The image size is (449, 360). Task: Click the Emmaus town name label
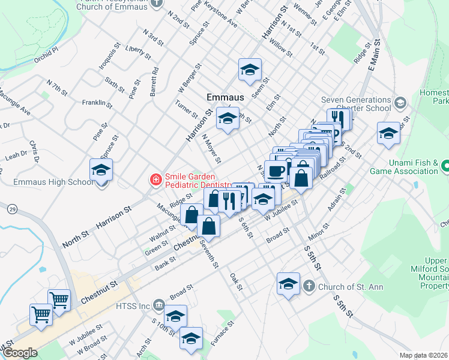(225, 97)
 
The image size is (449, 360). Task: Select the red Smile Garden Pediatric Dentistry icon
(155, 179)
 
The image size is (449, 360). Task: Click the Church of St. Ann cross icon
(309, 286)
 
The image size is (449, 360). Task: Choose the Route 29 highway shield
(13, 209)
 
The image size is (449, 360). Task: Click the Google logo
(20, 353)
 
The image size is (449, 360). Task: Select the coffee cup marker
(276, 172)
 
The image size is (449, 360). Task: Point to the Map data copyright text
(424, 355)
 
